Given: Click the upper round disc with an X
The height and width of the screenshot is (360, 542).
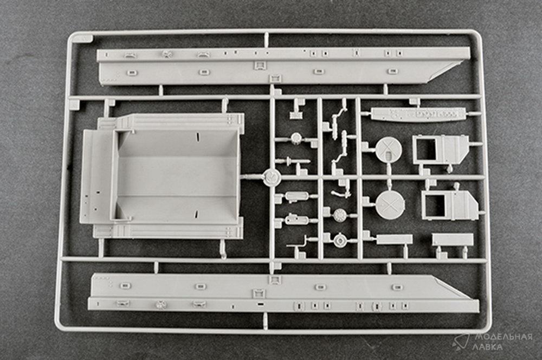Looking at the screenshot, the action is point(389,150).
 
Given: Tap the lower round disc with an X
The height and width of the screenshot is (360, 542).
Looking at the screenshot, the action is point(390,205).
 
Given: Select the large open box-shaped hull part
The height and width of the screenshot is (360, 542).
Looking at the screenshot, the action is point(162,175).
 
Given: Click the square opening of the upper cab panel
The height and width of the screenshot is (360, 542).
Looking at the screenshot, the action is point(425,150).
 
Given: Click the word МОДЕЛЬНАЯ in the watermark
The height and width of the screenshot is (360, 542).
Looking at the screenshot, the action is point(504,337).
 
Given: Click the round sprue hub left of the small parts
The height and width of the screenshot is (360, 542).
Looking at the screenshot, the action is point(272,177).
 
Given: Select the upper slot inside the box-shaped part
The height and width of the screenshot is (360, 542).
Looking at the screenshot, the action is point(197,136).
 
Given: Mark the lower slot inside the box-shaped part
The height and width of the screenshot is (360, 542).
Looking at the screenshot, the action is point(196,214).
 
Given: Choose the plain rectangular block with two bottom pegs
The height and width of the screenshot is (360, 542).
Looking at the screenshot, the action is point(453,239).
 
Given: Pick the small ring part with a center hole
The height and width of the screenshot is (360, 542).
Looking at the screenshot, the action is point(340,240).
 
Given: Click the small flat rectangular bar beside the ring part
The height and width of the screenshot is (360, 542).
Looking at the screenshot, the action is point(394,239).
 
